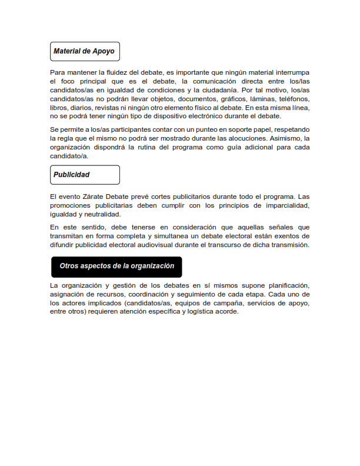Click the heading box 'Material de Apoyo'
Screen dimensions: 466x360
[85, 51]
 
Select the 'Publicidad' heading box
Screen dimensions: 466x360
[85, 175]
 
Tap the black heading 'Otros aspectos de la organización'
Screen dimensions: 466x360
[116, 266]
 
